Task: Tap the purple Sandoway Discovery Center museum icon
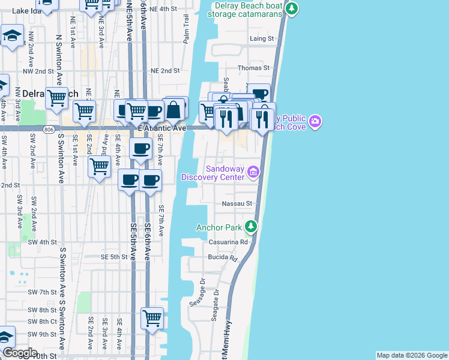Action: [253, 173]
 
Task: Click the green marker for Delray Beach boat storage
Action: [291, 8]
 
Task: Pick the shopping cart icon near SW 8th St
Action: [152, 317]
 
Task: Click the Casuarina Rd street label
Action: [228, 242]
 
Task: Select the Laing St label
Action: [262, 38]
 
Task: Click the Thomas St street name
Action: [254, 68]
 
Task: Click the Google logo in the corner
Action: [19, 353]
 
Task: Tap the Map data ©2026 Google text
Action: [411, 355]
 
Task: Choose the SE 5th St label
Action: [115, 257]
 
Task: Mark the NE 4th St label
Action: [163, 10]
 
